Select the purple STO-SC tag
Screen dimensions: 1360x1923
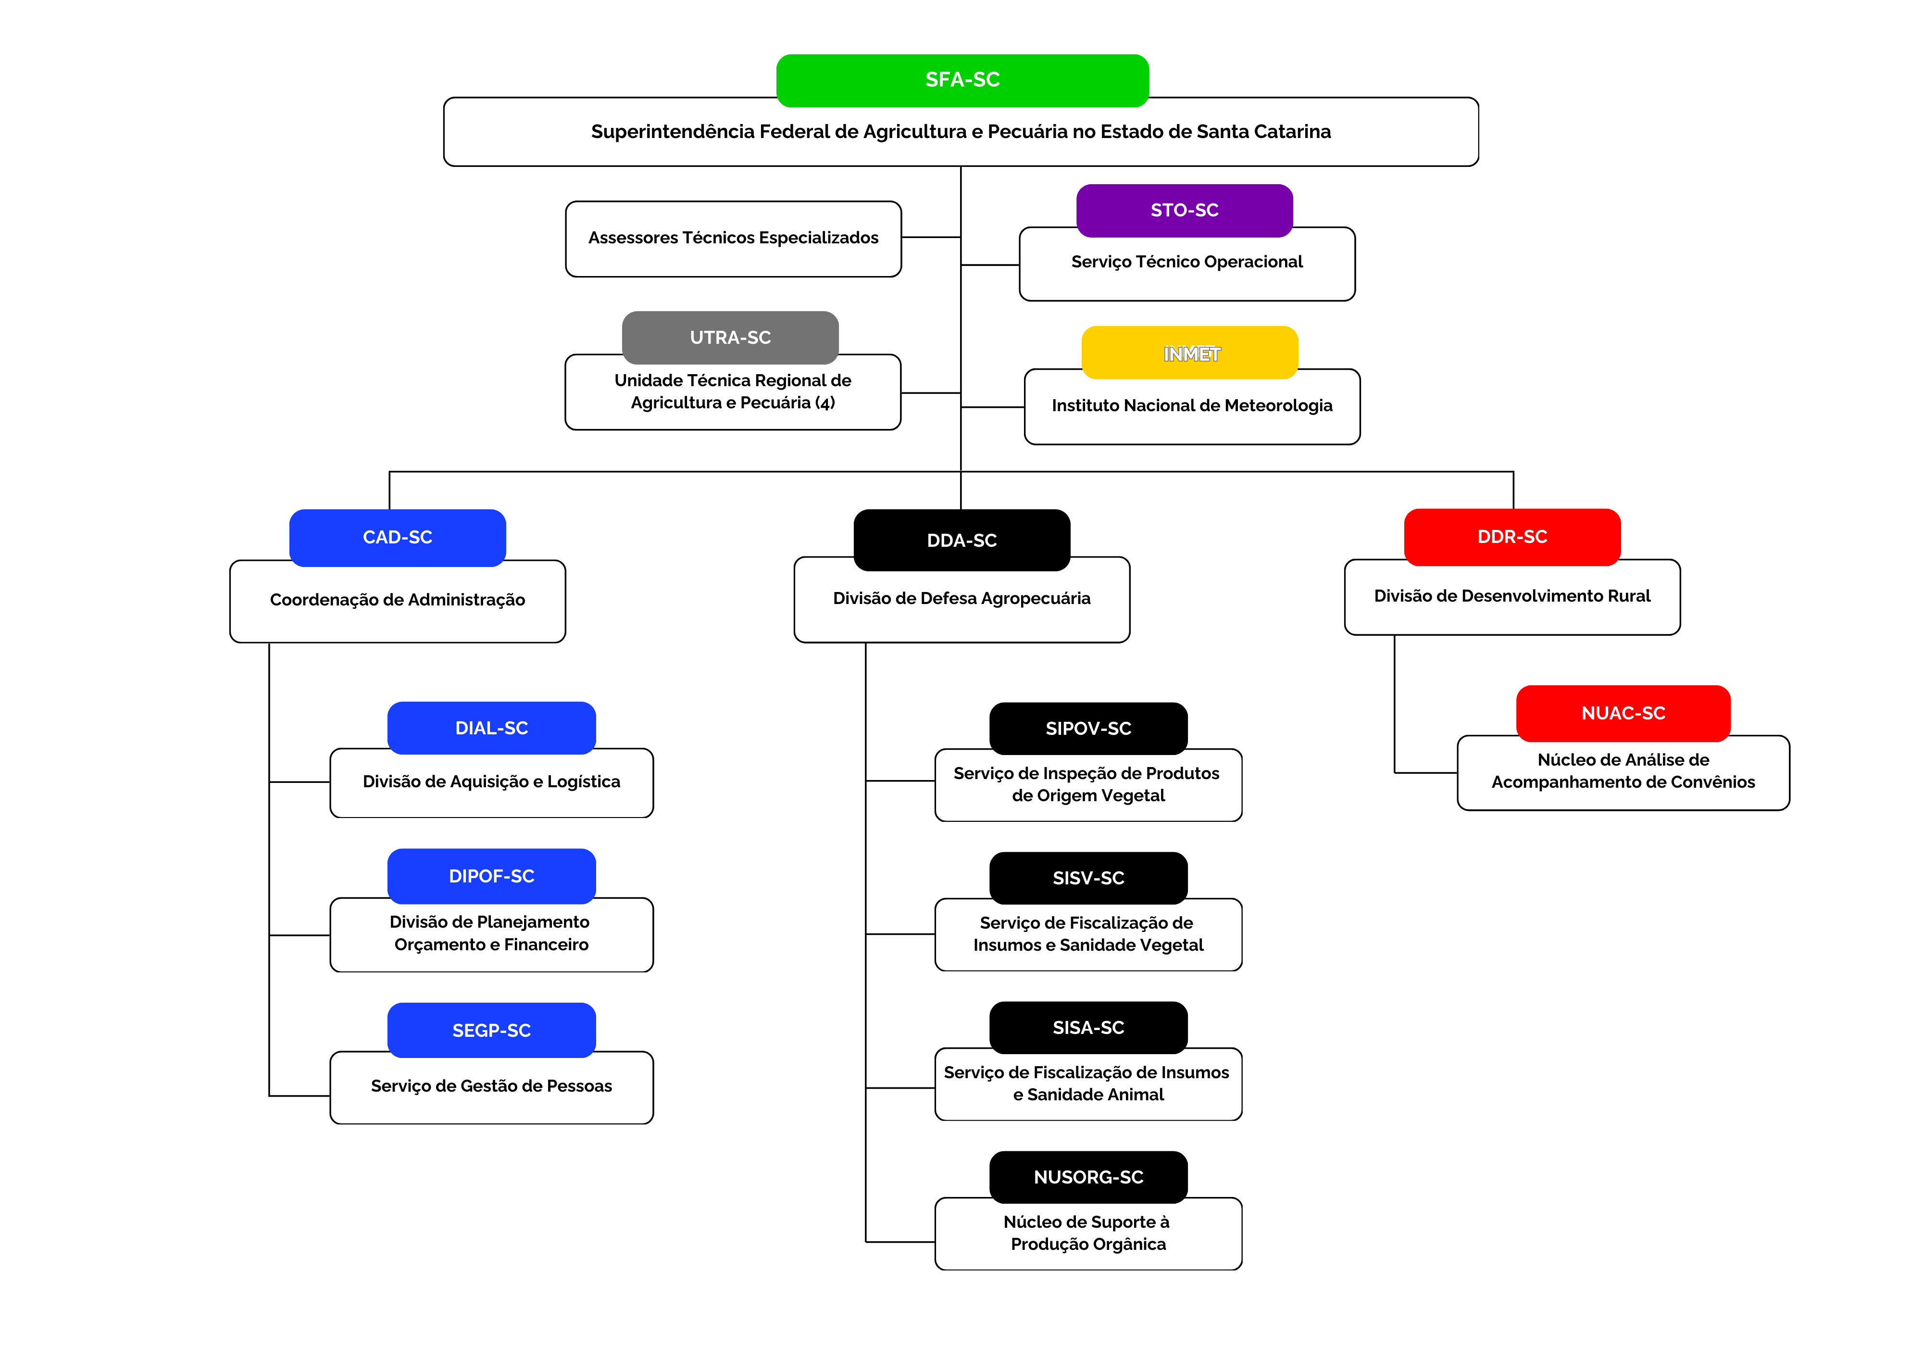point(1184,210)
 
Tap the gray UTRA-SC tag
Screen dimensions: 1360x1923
point(730,338)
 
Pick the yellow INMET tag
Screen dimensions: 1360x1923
point(1190,353)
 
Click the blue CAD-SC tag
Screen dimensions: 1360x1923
point(397,537)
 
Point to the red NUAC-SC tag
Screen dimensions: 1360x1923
point(1623,713)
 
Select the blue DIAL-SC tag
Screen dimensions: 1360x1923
point(492,728)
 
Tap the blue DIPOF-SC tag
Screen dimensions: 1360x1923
point(492,877)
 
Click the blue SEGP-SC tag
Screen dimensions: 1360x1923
point(492,1031)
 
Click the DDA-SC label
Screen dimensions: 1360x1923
point(961,541)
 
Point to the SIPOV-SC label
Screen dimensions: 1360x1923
point(1088,728)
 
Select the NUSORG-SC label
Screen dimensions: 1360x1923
point(1088,1177)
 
